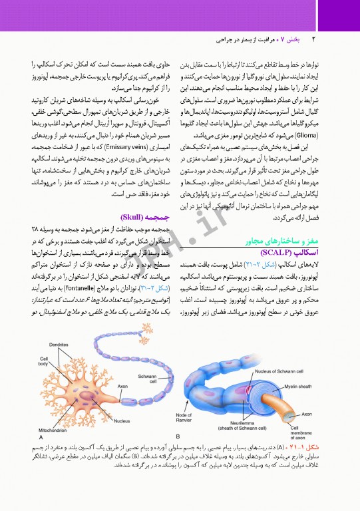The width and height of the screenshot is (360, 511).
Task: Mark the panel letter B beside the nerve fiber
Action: coord(178,436)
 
